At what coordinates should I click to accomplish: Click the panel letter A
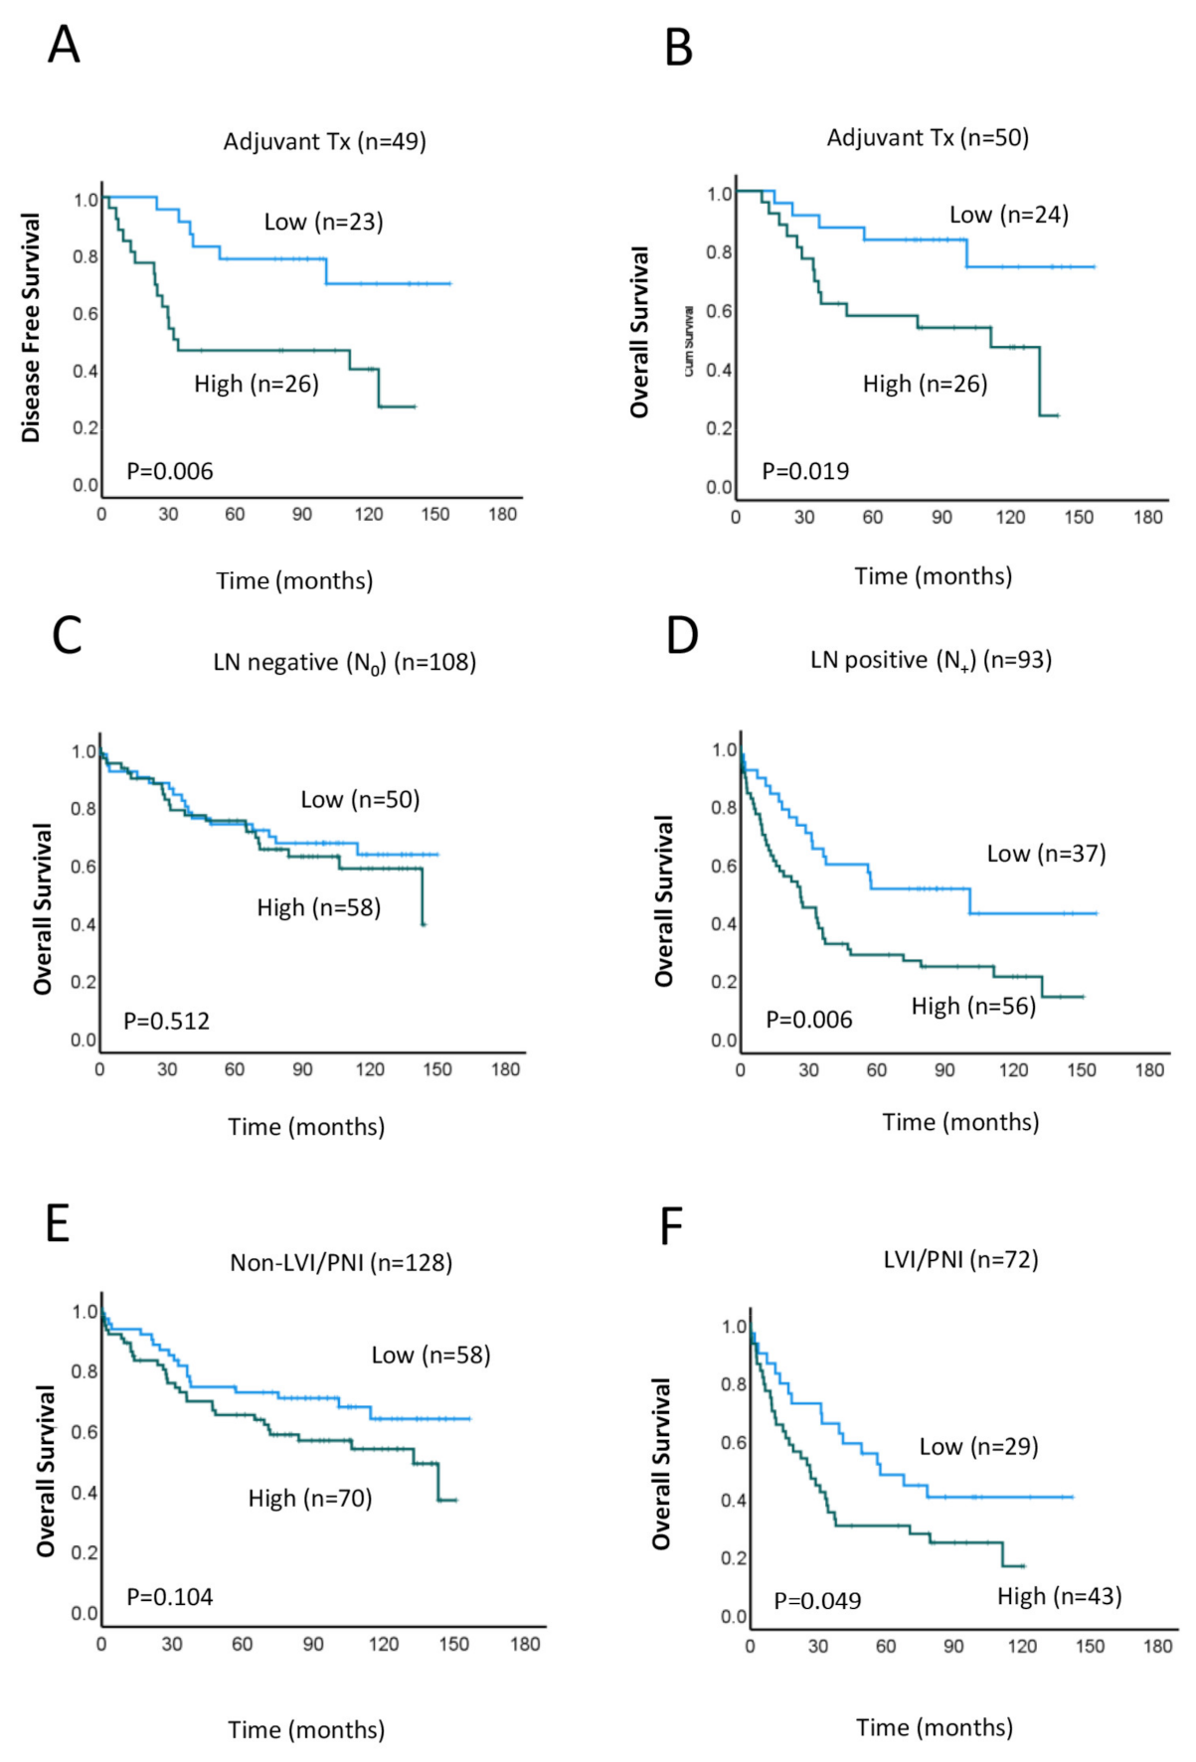[64, 46]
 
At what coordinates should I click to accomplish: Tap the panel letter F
[672, 1227]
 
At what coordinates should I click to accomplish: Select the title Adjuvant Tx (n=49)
[324, 142]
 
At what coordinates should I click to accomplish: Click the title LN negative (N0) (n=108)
[344, 663]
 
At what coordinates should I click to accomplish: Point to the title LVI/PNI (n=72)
[960, 1260]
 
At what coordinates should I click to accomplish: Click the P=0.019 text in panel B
[805, 471]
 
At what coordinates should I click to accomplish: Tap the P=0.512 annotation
[166, 1022]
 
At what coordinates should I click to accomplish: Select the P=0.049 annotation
[817, 1601]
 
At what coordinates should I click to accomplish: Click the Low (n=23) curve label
[323, 223]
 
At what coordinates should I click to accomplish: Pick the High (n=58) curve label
[318, 908]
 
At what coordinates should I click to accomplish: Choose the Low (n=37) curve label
[1046, 854]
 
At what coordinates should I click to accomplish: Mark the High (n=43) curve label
[1060, 1597]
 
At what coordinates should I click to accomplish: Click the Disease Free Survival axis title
[31, 328]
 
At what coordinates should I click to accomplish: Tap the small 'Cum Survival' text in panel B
[689, 342]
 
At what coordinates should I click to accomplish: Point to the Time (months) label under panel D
[960, 1122]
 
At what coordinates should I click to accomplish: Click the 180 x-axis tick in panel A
[502, 515]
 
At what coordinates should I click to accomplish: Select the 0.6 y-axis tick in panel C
[84, 867]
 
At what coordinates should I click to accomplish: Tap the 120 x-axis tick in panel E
[384, 1645]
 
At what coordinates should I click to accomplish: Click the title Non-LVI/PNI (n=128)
[341, 1263]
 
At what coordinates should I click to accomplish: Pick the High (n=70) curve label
[310, 1499]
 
